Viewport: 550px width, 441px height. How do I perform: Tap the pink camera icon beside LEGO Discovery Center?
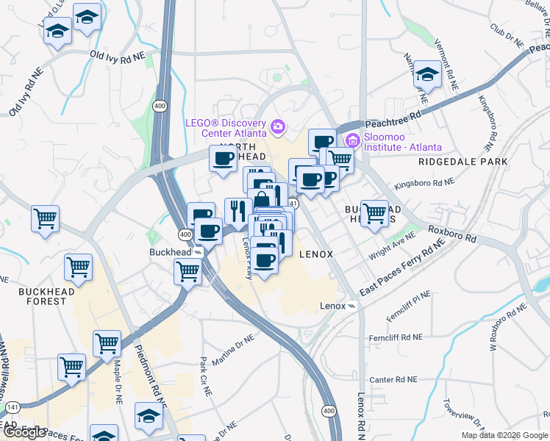(x=277, y=127)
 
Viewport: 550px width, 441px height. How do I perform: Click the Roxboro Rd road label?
(x=452, y=234)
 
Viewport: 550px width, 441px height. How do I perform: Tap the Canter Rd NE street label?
(x=393, y=380)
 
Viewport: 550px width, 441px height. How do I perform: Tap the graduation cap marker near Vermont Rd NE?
(x=426, y=73)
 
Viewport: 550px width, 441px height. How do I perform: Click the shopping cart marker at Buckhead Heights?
(x=375, y=213)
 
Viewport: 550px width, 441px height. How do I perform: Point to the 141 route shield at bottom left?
(x=13, y=406)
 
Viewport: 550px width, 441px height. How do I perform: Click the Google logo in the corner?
(x=24, y=433)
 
